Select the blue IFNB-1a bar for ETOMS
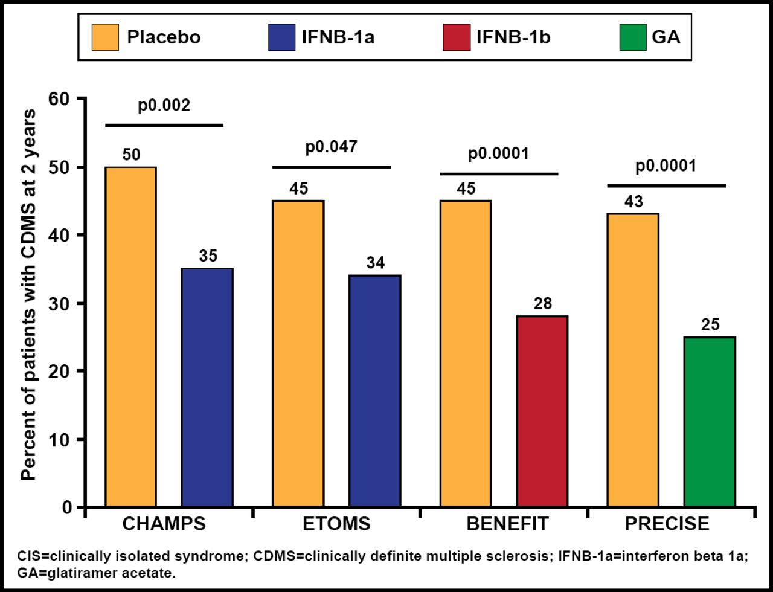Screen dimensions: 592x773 click(374, 390)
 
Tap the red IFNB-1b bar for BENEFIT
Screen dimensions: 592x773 click(542, 411)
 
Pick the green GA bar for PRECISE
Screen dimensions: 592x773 click(710, 421)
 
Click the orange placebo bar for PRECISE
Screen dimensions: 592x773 click(633, 359)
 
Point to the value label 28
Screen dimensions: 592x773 click(543, 303)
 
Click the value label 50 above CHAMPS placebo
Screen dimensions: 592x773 click(131, 155)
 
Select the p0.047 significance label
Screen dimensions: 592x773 click(332, 147)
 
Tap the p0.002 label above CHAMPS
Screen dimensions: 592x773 click(164, 106)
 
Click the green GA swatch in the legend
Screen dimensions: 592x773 click(632, 37)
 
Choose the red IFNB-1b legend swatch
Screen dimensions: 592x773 click(456, 37)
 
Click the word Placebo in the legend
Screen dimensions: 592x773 click(164, 37)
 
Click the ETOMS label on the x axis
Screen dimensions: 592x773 click(336, 524)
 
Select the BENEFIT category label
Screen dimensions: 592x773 click(508, 524)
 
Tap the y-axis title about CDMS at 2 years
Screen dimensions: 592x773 click(28, 295)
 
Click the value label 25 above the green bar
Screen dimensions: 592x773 click(710, 324)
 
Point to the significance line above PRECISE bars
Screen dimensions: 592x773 click(666, 185)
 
